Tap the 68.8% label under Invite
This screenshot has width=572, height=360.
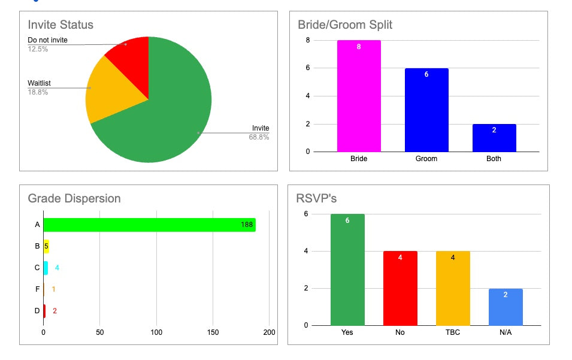click(x=259, y=137)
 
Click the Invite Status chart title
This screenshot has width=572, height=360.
click(x=60, y=25)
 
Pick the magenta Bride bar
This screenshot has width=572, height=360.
click(x=359, y=96)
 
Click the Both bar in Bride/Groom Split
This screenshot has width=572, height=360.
click(x=494, y=138)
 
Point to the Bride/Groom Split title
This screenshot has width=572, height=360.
click(x=345, y=25)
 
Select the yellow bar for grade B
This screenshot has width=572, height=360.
click(x=46, y=246)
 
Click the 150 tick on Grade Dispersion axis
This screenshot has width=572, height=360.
click(x=213, y=332)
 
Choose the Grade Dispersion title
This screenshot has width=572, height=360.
click(x=74, y=198)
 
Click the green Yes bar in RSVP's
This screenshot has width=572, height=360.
click(x=347, y=270)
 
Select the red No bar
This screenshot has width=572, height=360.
click(x=400, y=288)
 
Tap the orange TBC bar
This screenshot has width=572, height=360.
click(x=453, y=288)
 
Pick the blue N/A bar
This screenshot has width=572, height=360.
click(x=506, y=307)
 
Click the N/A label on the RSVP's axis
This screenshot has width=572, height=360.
click(x=506, y=332)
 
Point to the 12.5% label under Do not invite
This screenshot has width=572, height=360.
click(x=38, y=49)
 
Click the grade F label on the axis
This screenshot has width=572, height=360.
click(x=37, y=289)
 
